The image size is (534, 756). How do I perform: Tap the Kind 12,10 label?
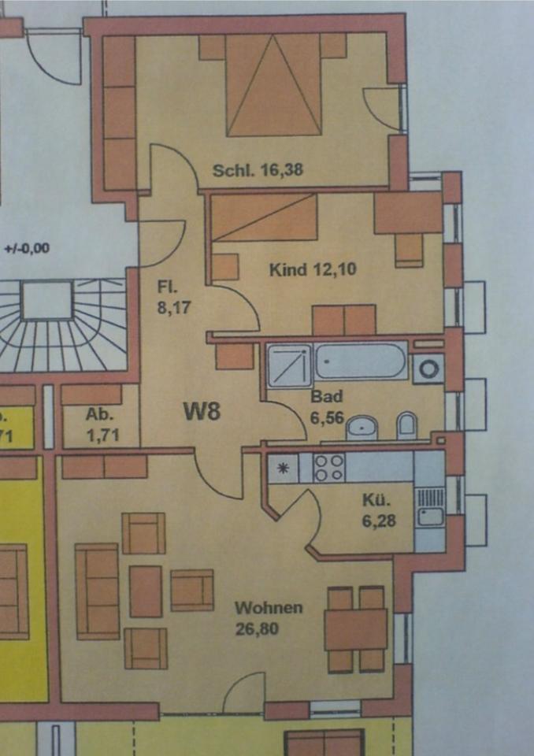click(313, 270)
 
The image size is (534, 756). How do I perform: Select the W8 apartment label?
click(202, 411)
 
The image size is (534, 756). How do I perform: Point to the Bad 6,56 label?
click(328, 406)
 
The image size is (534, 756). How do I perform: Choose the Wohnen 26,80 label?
click(269, 617)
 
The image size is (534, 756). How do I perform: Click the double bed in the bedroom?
click(274, 85)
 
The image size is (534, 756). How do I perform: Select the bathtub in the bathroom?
click(361, 363)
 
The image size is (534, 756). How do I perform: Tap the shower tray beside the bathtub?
click(289, 365)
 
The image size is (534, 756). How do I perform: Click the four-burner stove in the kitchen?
click(328, 468)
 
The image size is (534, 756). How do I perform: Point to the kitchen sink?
click(430, 516)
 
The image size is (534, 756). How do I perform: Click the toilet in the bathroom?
click(407, 425)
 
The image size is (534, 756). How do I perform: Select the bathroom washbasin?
click(362, 428)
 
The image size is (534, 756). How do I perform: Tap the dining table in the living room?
click(355, 629)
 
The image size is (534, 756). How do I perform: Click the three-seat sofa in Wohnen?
click(97, 590)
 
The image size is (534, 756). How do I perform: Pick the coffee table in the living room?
click(145, 591)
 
